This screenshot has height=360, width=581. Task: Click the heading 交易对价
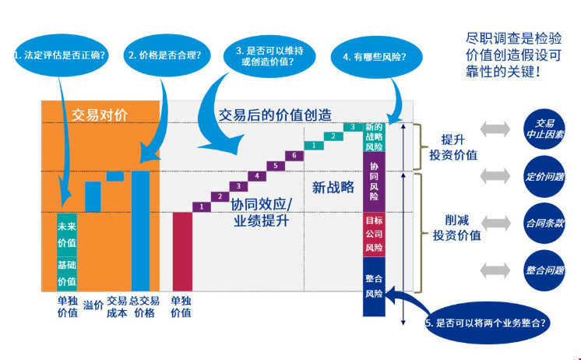(100, 115)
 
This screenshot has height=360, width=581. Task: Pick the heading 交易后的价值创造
(275, 115)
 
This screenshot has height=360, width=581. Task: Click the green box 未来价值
(67, 235)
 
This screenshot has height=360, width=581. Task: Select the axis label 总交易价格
(144, 306)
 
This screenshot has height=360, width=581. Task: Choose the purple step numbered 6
(291, 155)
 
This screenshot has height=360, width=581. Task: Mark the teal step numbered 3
(353, 126)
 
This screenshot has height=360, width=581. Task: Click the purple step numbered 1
(202, 206)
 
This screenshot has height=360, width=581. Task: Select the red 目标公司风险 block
(374, 234)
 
